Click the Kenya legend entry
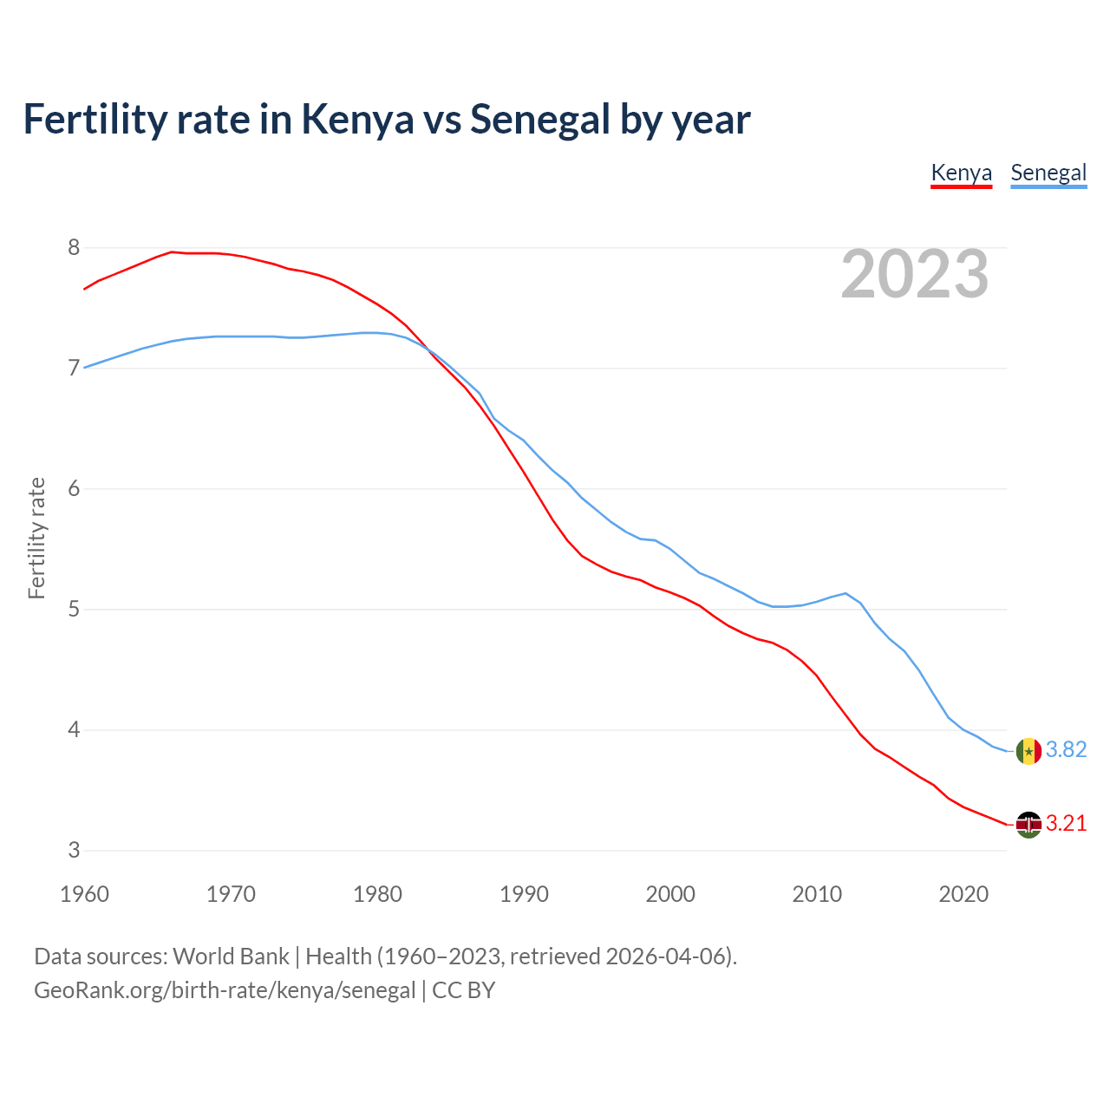click(x=961, y=173)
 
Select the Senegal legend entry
click(x=1048, y=173)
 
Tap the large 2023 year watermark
click(x=915, y=274)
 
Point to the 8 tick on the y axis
click(x=74, y=248)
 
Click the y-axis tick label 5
click(x=74, y=610)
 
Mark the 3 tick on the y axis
click(x=74, y=851)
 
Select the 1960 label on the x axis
click(x=84, y=894)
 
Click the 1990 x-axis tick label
click(x=524, y=894)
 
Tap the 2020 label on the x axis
click(x=963, y=894)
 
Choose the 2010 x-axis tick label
click(x=817, y=894)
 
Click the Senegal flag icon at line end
click(x=1028, y=751)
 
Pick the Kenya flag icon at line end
click(x=1028, y=825)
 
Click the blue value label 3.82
click(x=1066, y=750)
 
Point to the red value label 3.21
click(x=1066, y=824)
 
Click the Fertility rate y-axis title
click(x=36, y=538)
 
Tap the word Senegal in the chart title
click(x=541, y=120)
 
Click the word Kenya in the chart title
click(x=357, y=120)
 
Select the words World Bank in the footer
click(x=231, y=957)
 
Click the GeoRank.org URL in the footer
click(x=225, y=990)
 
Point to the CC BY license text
click(x=463, y=990)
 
